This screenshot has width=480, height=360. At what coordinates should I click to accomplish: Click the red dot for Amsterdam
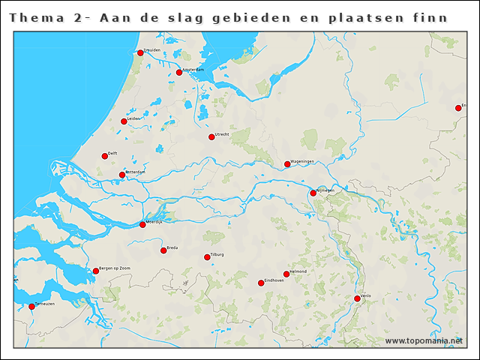pyautogui.click(x=179, y=73)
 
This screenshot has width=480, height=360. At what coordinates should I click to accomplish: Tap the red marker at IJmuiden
pyautogui.click(x=139, y=53)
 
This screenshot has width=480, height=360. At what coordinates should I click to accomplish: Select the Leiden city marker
pyautogui.click(x=124, y=121)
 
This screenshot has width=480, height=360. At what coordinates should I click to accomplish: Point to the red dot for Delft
pyautogui.click(x=105, y=157)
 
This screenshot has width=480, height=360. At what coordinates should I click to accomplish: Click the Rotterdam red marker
pyautogui.click(x=122, y=175)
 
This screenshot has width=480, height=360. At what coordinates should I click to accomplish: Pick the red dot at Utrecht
pyautogui.click(x=211, y=137)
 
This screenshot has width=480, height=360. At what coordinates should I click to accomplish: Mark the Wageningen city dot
pyautogui.click(x=287, y=164)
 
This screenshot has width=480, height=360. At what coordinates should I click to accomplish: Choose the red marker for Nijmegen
pyautogui.click(x=313, y=193)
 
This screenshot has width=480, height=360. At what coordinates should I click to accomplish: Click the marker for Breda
pyautogui.click(x=163, y=250)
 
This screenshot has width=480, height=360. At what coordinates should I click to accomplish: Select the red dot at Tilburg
pyautogui.click(x=208, y=257)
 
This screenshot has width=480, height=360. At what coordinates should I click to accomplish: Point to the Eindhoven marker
pyautogui.click(x=261, y=283)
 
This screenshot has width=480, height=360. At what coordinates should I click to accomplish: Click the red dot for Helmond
pyautogui.click(x=286, y=274)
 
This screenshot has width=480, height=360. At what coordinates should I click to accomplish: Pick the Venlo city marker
pyautogui.click(x=358, y=299)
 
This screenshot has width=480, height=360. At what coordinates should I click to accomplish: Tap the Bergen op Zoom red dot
pyautogui.click(x=96, y=271)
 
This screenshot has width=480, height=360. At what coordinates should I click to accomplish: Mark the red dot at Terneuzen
pyautogui.click(x=31, y=307)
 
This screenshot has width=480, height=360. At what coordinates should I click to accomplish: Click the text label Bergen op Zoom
pyautogui.click(x=115, y=268)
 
